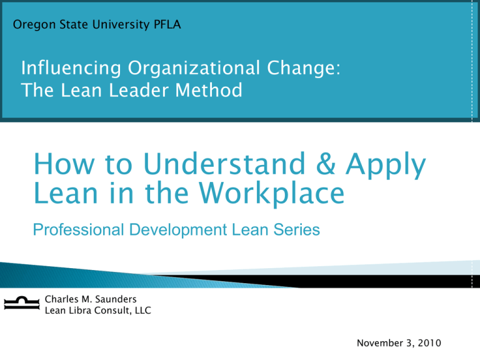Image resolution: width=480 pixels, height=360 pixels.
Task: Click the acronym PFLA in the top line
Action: pyautogui.click(x=167, y=24)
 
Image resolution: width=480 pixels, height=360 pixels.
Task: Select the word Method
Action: pyautogui.click(x=209, y=90)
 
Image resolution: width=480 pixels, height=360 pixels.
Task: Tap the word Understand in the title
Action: pyautogui.click(x=224, y=164)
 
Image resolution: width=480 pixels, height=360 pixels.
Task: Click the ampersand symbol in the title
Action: pyautogui.click(x=326, y=164)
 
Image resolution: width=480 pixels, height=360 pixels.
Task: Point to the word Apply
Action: pyautogui.click(x=386, y=166)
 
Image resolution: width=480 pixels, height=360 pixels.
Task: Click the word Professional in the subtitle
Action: pyautogui.click(x=78, y=229)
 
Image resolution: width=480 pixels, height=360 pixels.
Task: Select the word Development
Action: pyautogui.click(x=178, y=230)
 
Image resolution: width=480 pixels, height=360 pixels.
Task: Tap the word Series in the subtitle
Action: pyautogui.click(x=297, y=229)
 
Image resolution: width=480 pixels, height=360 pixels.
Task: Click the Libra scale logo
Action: pyautogui.click(x=22, y=303)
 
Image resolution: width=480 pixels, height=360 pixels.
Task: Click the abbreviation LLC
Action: pyautogui.click(x=143, y=311)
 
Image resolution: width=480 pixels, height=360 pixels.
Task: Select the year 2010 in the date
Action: pyautogui.click(x=429, y=343)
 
